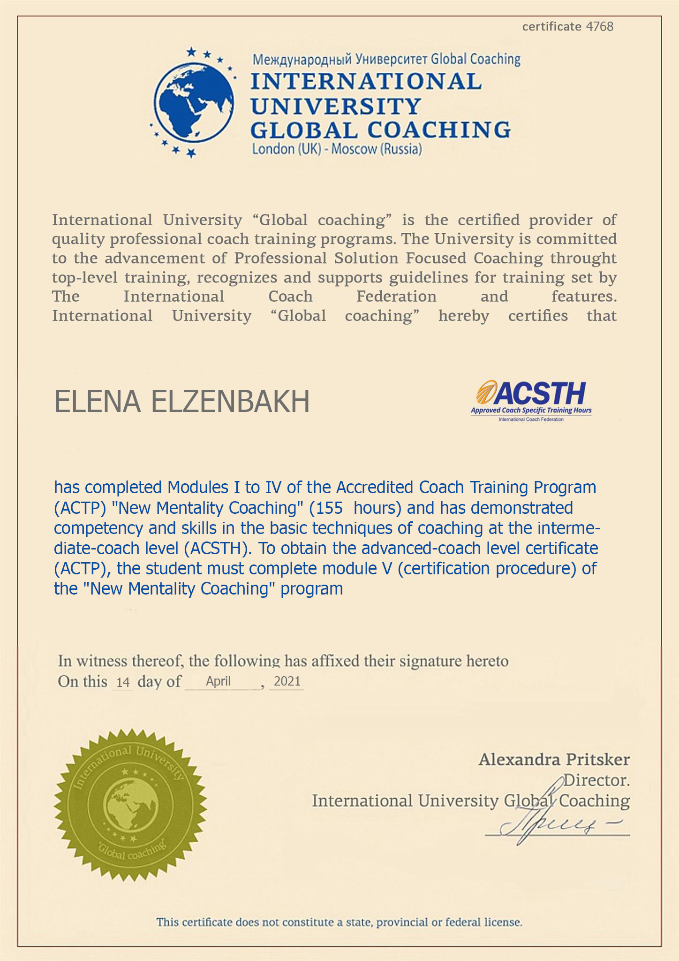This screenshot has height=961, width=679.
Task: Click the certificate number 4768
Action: click(x=600, y=27)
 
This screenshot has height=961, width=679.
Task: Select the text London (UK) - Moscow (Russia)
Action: click(x=337, y=149)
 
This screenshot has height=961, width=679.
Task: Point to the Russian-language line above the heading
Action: click(x=386, y=60)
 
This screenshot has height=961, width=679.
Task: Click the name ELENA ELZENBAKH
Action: click(x=182, y=402)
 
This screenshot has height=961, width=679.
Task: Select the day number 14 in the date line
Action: click(x=123, y=682)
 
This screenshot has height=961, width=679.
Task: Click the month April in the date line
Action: click(x=218, y=681)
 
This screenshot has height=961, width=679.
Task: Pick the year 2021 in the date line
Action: click(x=287, y=681)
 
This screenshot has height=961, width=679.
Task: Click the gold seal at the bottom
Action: click(x=130, y=805)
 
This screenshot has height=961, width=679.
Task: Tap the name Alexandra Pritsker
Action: click(x=554, y=759)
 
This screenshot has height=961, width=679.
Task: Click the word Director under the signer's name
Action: click(x=596, y=780)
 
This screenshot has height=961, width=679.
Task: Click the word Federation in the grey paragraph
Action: click(x=396, y=297)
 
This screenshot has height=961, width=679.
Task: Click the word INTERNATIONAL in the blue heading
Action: click(x=366, y=81)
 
